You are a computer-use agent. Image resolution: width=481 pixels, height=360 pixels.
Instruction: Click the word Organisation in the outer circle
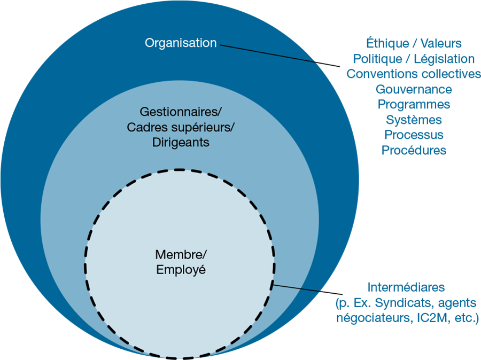pos(181,43)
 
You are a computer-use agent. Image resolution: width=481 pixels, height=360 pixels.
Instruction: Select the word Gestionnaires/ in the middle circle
pos(180,112)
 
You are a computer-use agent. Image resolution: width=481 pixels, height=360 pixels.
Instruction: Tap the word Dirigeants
pos(180,143)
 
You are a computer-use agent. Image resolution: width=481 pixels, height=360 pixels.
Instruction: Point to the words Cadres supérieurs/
pos(180,128)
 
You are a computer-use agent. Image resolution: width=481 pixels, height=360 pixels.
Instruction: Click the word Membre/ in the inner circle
pos(180,254)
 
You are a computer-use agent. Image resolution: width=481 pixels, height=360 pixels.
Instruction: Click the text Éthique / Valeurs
pos(413,43)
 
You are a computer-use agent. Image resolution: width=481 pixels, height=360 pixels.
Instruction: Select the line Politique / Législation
pos(413,58)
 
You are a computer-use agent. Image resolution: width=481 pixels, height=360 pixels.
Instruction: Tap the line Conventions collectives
pos(413,74)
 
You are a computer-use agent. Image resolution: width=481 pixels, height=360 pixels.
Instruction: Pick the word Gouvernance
pos(413,89)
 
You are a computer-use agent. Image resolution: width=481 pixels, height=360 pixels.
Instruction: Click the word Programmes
pos(413,104)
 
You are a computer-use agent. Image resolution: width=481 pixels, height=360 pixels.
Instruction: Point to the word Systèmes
pos(413,120)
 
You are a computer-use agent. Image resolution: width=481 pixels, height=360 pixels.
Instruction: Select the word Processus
pos(413,135)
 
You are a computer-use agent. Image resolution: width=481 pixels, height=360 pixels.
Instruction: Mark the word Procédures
pos(413,150)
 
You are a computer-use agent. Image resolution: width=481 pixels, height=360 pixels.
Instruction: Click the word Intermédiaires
pos(406,287)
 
